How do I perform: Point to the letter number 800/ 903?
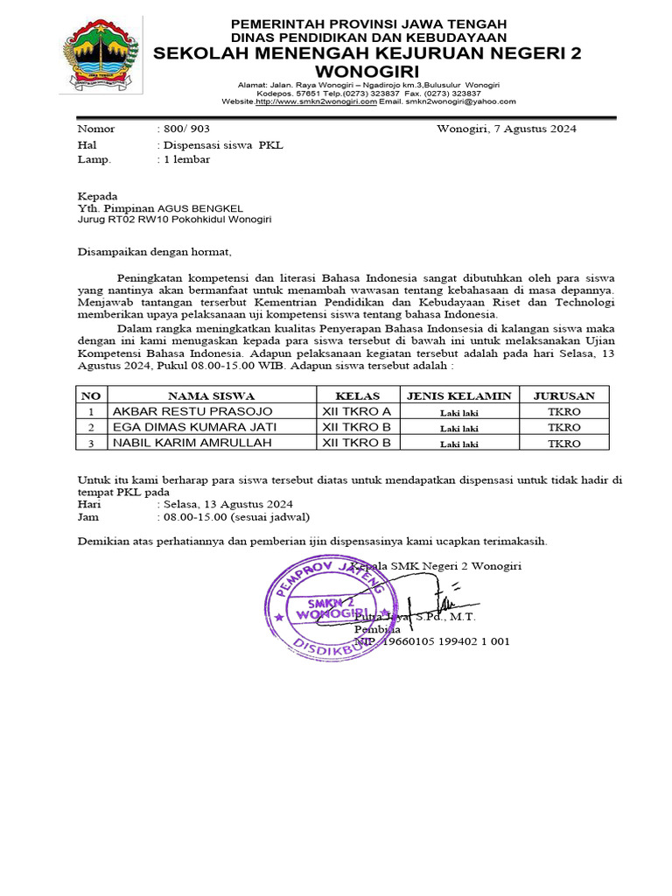(182, 129)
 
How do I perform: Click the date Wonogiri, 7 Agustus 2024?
(506, 129)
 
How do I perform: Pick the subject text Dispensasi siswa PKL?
(220, 144)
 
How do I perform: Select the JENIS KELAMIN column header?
(458, 395)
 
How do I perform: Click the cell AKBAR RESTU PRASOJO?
(192, 411)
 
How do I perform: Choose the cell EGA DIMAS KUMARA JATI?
(194, 427)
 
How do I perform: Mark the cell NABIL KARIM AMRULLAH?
(192, 443)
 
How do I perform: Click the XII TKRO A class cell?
(356, 411)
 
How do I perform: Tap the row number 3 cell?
(91, 443)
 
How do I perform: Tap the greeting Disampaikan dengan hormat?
(155, 252)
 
